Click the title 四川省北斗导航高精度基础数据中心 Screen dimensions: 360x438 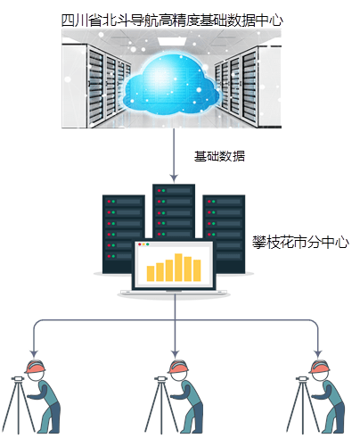(172, 21)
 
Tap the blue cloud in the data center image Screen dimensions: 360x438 (171, 84)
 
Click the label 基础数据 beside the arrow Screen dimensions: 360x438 (219, 156)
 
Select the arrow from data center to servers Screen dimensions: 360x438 (174, 155)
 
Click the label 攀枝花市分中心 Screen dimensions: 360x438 (300, 243)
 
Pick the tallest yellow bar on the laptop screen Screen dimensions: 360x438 (178, 268)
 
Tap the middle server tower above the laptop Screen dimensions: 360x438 (174, 211)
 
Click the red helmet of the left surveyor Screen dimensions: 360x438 (35, 367)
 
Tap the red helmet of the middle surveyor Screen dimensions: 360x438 (178, 367)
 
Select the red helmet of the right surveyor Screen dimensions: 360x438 (319, 367)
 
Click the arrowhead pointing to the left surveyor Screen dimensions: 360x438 (34, 354)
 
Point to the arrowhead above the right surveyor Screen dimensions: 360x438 (318, 354)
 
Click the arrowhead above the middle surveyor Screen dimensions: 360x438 (175, 354)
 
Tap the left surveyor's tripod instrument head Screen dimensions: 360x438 (18, 379)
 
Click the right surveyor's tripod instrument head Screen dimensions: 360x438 (302, 379)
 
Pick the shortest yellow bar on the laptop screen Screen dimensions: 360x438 (151, 274)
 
